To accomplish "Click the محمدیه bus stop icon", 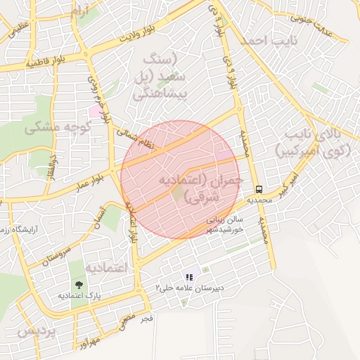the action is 259,189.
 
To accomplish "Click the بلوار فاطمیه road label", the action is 49,61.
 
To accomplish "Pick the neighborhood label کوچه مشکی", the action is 59,128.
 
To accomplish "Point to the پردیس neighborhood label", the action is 36,331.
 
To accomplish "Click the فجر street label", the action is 146,319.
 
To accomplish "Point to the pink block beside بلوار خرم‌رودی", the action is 94,112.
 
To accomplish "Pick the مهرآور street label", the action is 91,342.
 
